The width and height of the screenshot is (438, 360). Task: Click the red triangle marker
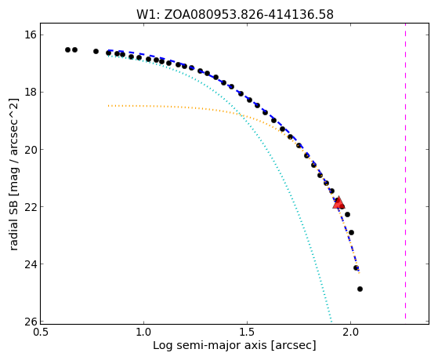[x=338, y=203]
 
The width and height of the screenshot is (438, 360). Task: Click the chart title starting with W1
[x=235, y=15]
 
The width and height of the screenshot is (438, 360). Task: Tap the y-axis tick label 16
[x=31, y=35]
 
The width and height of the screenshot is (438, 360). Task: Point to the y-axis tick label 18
[x=31, y=93]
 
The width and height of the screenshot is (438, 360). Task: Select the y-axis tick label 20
[x=31, y=150]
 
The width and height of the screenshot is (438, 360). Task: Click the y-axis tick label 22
[x=31, y=207]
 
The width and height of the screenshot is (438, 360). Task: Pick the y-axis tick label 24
[x=31, y=264]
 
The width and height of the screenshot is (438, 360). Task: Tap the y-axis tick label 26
[x=31, y=322]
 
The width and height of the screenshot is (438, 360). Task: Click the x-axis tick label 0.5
[x=41, y=333]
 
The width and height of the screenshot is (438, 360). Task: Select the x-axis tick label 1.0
[x=144, y=333]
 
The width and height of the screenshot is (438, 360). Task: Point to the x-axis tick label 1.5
[x=248, y=333]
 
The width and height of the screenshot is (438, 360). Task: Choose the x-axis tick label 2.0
[x=350, y=333]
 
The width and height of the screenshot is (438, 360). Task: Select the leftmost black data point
[x=67, y=49]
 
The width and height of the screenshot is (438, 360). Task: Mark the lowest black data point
[x=360, y=289]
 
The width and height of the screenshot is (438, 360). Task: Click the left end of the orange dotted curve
[x=109, y=106]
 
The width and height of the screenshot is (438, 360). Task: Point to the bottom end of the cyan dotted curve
[x=331, y=322]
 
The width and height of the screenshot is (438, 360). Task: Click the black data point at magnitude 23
[x=351, y=232]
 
